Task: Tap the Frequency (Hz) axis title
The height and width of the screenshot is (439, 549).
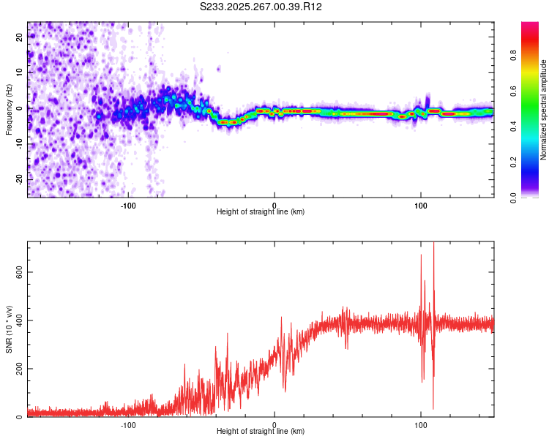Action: pyautogui.click(x=9, y=110)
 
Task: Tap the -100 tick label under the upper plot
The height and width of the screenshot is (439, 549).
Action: pyautogui.click(x=129, y=205)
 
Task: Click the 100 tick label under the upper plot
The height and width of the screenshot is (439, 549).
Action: pyautogui.click(x=421, y=205)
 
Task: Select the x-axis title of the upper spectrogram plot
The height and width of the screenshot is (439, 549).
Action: pyautogui.click(x=261, y=212)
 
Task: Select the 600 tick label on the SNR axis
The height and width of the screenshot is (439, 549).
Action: pyautogui.click(x=18, y=271)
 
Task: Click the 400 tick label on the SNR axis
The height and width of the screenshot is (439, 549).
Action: pyautogui.click(x=18, y=320)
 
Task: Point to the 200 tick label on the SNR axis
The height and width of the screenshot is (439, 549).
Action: pyautogui.click(x=18, y=369)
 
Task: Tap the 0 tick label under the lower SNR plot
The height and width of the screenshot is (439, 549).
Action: pyautogui.click(x=274, y=424)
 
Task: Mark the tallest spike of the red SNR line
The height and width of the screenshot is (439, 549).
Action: pyautogui.click(x=433, y=244)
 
